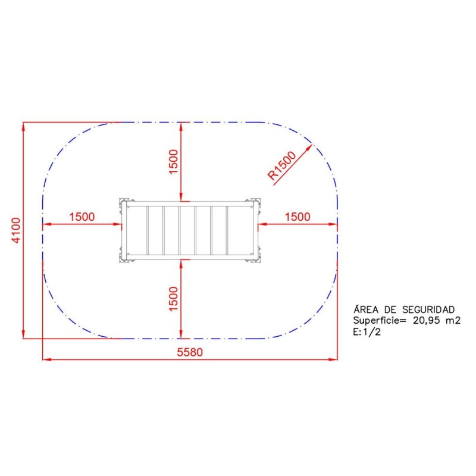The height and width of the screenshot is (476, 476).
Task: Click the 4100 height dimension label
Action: coord(15,230)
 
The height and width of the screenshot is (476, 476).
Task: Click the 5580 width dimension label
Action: coord(190,352)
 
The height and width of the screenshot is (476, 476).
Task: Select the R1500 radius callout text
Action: coord(281,165)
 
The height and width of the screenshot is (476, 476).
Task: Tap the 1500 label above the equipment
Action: coord(173,162)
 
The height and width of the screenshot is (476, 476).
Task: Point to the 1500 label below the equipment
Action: coord(173,299)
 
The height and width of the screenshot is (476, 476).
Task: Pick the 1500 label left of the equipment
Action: coord(82,217)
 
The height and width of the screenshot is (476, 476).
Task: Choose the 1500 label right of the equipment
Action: coord(297,217)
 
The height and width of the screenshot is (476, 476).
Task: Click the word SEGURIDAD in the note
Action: coord(428,309)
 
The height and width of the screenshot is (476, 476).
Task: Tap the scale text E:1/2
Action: coord(367,332)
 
